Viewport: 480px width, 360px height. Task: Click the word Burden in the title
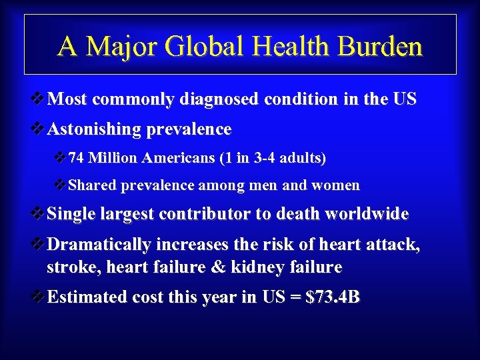click(381, 47)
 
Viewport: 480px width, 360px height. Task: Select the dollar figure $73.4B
click(332, 297)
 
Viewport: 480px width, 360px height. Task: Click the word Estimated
click(87, 297)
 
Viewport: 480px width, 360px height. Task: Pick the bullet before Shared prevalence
click(61, 185)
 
